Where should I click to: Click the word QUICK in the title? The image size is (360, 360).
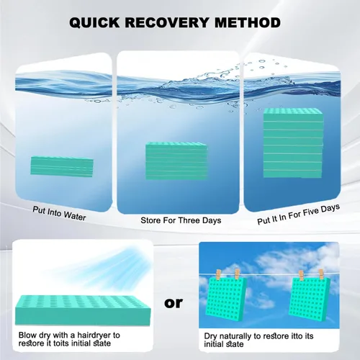(94, 23)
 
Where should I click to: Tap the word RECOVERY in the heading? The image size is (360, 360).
(167, 23)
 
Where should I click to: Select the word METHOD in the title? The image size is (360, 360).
(248, 23)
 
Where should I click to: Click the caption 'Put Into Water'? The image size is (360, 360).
(59, 213)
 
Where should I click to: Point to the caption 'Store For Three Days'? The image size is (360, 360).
(181, 220)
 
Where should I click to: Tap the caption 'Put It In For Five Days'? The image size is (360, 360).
(298, 215)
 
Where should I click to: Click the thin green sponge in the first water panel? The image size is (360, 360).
(62, 166)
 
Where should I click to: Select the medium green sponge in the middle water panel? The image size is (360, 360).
(176, 161)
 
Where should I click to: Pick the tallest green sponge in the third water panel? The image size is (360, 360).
(293, 143)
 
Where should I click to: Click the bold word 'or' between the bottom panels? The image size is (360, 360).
(174, 303)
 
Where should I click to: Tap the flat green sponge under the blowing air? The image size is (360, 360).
(83, 310)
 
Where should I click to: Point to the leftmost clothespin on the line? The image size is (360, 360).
(218, 274)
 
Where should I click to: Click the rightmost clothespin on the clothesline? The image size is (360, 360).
(321, 274)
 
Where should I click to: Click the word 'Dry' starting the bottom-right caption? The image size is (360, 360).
(210, 336)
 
